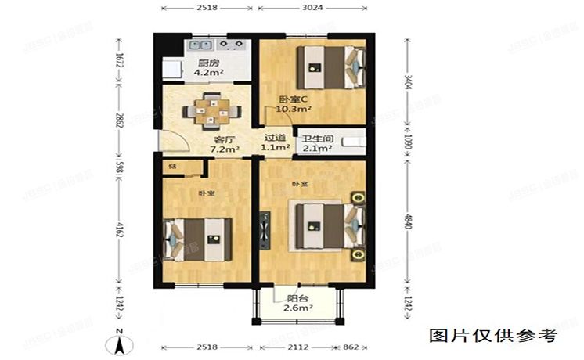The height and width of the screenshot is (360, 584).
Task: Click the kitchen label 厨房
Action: click(x=207, y=63)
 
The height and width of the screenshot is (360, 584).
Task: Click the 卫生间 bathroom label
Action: click(x=319, y=135)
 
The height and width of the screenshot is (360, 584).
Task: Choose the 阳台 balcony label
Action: click(x=297, y=297)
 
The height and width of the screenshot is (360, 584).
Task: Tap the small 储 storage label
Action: click(x=171, y=166)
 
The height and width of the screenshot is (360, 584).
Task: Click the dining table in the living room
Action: click(x=209, y=110)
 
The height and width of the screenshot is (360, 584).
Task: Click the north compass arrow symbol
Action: click(x=119, y=339)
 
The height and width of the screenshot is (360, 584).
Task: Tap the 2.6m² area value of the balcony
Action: click(x=297, y=309)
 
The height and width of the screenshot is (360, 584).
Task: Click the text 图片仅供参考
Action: click(x=494, y=336)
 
